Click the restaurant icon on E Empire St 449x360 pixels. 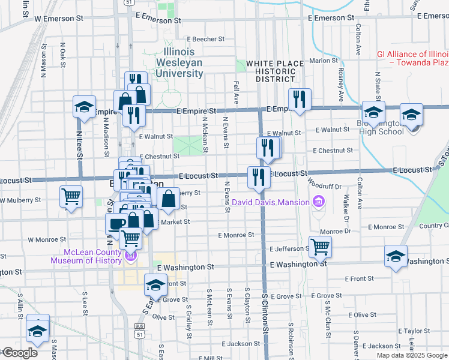pos(298,98)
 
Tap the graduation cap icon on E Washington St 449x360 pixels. pos(396,256)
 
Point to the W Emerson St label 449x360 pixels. pos(59,19)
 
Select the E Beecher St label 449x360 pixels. pos(205,39)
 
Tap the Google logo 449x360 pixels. pos(19,353)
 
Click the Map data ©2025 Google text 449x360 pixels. pos(412,355)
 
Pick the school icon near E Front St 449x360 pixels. pos(155,284)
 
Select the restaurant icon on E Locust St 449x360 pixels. pos(259,176)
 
